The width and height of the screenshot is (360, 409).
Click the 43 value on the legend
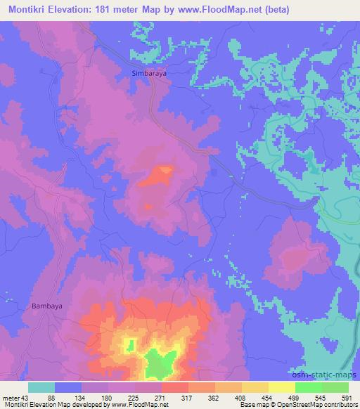[x=26, y=398]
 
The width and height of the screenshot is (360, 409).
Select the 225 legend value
[x=133, y=398]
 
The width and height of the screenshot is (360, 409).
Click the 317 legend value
[x=186, y=398]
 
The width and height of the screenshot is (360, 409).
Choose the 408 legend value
[x=240, y=398]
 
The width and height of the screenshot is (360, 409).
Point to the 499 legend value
[x=293, y=398]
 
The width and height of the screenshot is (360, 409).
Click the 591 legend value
[x=347, y=398]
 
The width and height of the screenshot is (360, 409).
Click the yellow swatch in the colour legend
[x=281, y=387]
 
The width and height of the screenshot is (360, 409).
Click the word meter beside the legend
[x=10, y=398]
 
